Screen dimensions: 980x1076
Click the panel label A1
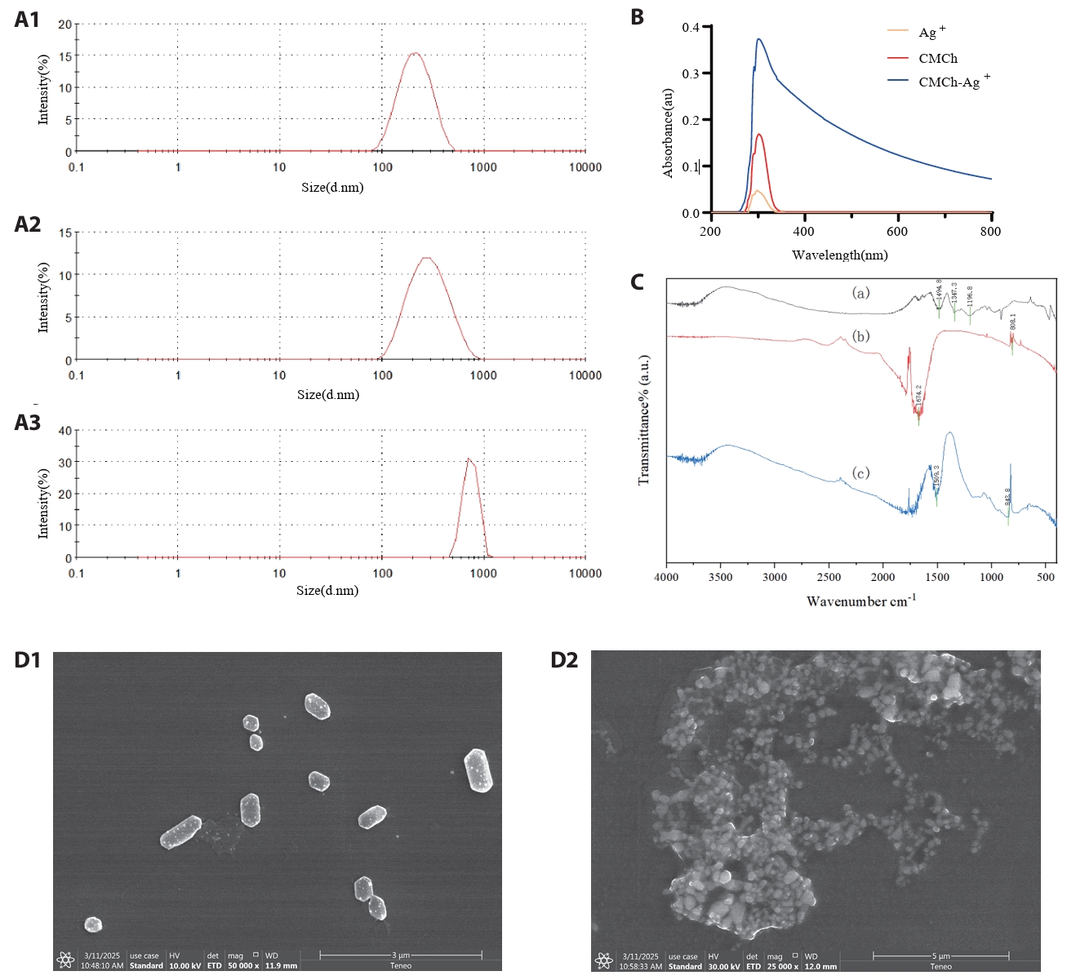27,20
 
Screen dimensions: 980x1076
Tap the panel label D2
564,659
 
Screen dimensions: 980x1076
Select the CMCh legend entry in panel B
937,59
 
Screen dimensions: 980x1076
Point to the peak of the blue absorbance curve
759,39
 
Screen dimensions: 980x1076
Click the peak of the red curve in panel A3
469,459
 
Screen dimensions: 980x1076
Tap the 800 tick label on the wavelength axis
990,232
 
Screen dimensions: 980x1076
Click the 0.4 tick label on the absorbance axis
691,28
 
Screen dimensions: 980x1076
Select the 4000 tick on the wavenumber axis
666,578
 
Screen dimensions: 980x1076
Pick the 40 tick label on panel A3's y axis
65,431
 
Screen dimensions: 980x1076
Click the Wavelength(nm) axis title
839,255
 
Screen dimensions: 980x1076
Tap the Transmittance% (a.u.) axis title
644,419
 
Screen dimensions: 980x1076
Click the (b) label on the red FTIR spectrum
860,336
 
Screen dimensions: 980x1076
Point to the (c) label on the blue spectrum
860,473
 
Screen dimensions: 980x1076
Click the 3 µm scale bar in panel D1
400,955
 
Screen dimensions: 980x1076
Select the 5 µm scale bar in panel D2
940,956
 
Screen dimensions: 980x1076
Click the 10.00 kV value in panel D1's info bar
185,966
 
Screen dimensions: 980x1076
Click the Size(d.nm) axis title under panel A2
328,395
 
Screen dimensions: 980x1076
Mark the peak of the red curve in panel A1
416,53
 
